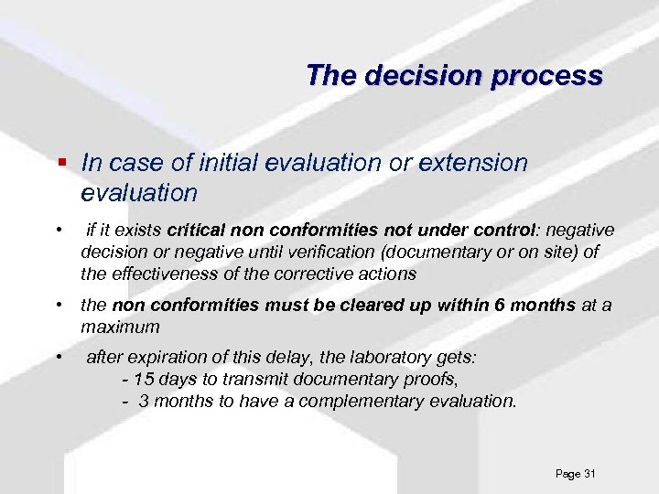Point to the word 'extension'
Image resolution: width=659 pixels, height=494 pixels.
coord(473,163)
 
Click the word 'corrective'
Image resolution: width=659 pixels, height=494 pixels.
coord(323,273)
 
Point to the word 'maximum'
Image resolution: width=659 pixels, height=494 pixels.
coord(120,327)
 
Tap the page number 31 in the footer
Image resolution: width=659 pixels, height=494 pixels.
coord(589,474)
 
